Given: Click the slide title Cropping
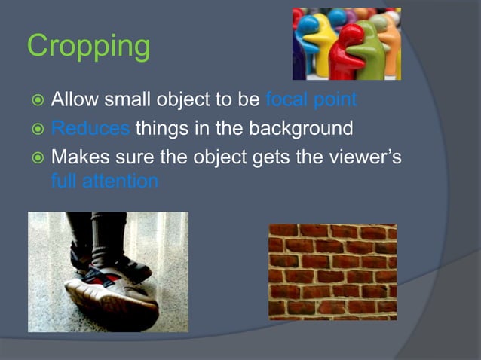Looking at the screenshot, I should tap(88, 47).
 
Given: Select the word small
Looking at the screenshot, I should tap(129, 100).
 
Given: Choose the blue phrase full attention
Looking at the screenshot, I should tap(105, 182).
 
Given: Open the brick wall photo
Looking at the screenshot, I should tap(332, 271).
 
